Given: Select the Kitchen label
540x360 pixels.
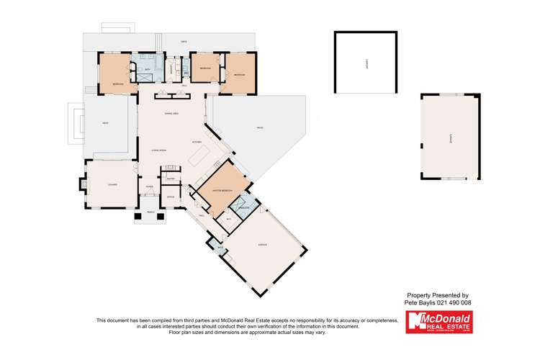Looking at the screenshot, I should pos(197,142).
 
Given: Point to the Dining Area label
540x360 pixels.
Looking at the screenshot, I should pos(171,114).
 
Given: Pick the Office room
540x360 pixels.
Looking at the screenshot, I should pos(171,197).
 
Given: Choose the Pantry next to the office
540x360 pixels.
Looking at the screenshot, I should pos(171,178).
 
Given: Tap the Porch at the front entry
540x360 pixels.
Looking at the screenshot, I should pos(150,214).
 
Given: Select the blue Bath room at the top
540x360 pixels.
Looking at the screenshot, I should pos(147,70).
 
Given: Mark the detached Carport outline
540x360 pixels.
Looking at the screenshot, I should pos(366,63).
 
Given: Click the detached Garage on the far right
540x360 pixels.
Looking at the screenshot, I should pos(451,138).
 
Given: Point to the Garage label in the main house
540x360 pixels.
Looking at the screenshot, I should pos(263,246).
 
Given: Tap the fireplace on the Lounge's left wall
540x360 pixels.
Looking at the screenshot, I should pos(81,184).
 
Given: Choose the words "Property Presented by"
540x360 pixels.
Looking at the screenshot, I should pos(438,295).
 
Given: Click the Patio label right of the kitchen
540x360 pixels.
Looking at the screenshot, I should pos(259,128).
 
